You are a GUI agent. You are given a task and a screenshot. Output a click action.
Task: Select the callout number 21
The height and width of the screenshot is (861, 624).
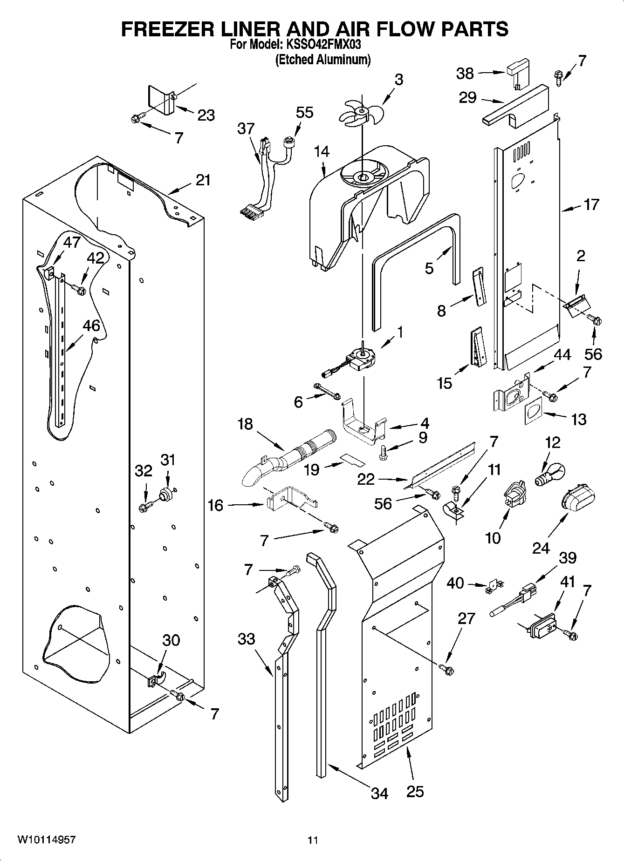coord(203,180)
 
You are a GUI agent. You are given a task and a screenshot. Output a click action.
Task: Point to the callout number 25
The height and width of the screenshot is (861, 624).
coord(415,792)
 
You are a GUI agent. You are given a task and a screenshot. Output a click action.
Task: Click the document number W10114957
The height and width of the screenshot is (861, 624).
coord(47,840)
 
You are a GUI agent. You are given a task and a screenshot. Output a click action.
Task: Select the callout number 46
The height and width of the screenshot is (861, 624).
coord(91,325)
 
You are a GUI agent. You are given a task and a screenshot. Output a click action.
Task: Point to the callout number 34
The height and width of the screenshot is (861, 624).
coord(379,793)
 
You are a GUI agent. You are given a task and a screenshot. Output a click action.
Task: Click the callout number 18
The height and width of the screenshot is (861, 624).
coord(245,424)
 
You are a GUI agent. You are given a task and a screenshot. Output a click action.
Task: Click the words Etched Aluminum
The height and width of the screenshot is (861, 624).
coord(323,60)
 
